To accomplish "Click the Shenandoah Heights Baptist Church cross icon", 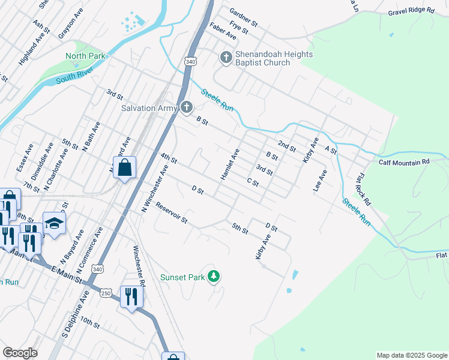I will (226, 57).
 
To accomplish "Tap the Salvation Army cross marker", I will (186, 108).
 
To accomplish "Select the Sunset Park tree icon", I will (213, 277).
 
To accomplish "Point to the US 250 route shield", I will (106, 293).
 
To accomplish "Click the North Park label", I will (85, 56).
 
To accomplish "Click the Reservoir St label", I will (172, 213).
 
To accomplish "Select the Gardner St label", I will (243, 17).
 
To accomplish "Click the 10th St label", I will (90, 323).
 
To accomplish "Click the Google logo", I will (20, 353).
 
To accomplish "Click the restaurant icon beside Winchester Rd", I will (131, 296).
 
